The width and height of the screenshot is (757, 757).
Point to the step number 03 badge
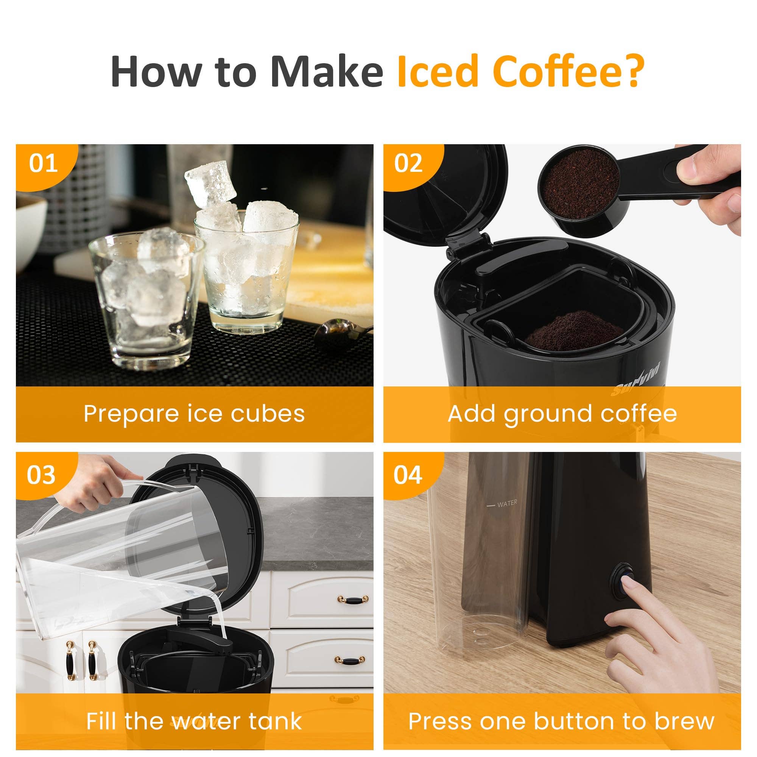coord(41,475)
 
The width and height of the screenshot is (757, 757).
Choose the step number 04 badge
coord(408,475)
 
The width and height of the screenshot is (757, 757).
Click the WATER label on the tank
coord(507,503)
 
